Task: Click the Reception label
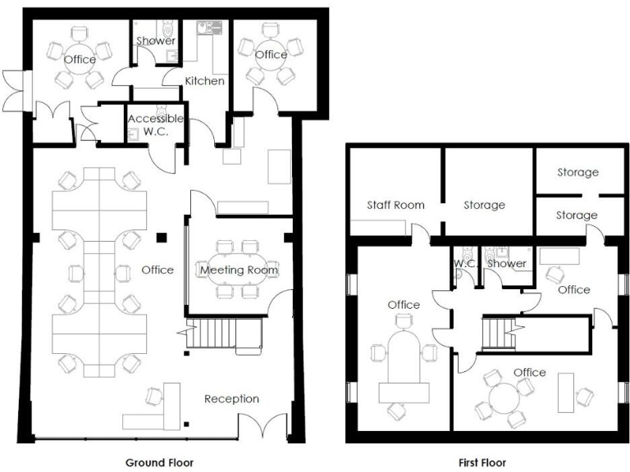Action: pyautogui.click(x=232, y=399)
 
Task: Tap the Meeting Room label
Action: pyautogui.click(x=239, y=270)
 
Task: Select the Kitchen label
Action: pyautogui.click(x=204, y=81)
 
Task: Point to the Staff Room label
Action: pyautogui.click(x=395, y=205)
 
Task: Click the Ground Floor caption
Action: pyautogui.click(x=160, y=463)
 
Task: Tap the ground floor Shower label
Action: pyautogui.click(x=155, y=40)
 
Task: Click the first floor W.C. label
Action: pyautogui.click(x=466, y=264)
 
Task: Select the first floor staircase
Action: pyautogui.click(x=495, y=333)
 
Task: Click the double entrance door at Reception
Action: pyautogui.click(x=263, y=427)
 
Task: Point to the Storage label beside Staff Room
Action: pyautogui.click(x=484, y=205)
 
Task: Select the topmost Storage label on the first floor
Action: pyautogui.click(x=577, y=172)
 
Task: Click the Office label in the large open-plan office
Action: pyautogui.click(x=157, y=270)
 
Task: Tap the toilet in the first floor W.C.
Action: pyautogui.click(x=465, y=277)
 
